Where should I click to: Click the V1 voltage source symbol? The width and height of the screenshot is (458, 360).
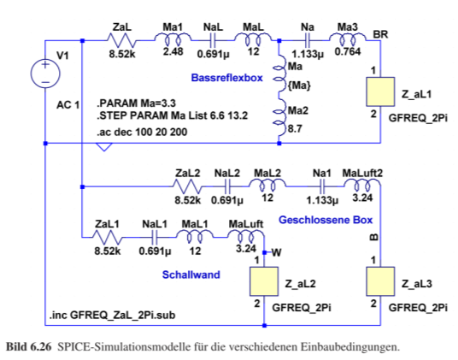coord(45,73)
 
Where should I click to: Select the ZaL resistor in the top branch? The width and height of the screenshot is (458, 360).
coord(122,40)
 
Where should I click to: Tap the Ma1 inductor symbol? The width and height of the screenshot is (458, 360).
coord(173,38)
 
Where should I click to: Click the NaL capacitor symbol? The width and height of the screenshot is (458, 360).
coord(213,40)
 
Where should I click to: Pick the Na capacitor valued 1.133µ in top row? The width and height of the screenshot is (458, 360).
coord(307,40)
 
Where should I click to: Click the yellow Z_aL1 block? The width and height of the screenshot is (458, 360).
coord(380,91)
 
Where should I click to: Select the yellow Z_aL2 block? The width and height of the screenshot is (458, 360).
coord(264,281)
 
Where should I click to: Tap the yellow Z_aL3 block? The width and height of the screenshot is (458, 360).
coord(380,281)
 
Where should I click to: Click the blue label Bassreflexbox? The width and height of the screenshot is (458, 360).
coord(227,78)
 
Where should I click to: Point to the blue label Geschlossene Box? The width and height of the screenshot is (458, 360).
coord(326,220)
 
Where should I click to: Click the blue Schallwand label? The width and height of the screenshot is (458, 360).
coord(191,274)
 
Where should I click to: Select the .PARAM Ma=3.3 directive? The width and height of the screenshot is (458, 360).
coord(136,103)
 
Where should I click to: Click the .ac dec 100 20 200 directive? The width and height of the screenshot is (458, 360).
coord(142,132)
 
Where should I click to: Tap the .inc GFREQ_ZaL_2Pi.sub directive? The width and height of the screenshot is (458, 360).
coord(113,316)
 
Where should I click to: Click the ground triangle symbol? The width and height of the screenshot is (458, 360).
coord(104,147)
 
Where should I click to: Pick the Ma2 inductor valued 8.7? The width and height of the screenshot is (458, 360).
coord(279,117)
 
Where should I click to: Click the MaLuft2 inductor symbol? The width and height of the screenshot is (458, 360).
coord(362,185)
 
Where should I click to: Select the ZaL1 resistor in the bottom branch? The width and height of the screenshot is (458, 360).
coord(107,237)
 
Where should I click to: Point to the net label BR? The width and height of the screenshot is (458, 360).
coord(380,34)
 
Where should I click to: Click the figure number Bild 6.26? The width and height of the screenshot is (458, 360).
coord(29,347)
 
